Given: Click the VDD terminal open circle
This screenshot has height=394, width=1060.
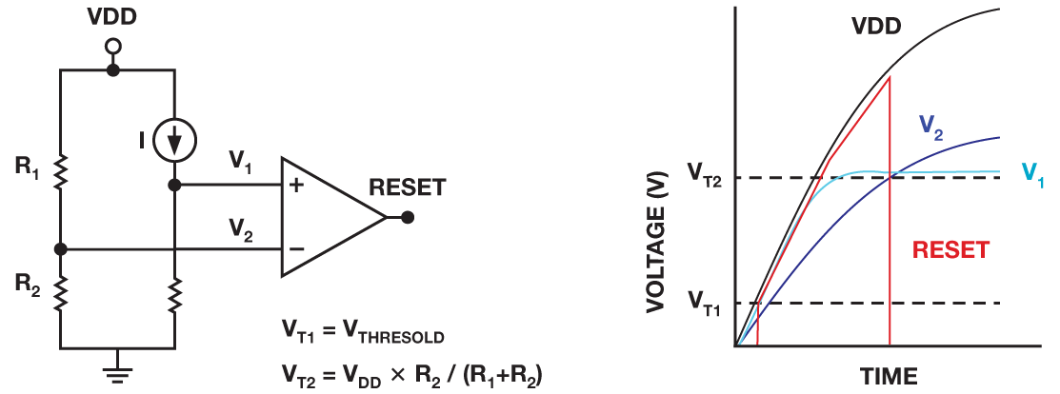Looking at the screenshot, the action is [114, 47].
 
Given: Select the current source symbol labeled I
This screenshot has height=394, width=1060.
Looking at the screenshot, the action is [174, 140].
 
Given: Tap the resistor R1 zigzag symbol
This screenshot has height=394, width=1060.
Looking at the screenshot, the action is [61, 171].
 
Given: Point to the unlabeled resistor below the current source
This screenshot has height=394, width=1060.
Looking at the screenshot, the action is [174, 295].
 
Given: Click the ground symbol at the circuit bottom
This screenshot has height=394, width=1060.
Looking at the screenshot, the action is [118, 362].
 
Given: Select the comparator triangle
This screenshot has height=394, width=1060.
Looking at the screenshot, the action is [333, 218].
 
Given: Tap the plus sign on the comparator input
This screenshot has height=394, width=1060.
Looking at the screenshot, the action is [295, 186].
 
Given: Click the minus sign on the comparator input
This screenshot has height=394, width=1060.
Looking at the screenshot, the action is [296, 248].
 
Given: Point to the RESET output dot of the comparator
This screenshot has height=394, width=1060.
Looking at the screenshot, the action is [407, 218].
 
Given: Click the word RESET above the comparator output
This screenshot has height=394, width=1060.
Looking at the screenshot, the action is [407, 187].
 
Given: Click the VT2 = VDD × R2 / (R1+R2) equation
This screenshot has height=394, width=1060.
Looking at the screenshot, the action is [411, 372].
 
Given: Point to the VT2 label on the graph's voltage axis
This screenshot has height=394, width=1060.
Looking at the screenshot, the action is [706, 175].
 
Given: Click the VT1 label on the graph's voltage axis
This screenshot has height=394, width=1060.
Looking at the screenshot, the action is [706, 302].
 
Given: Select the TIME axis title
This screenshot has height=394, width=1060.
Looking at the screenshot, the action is [889, 376].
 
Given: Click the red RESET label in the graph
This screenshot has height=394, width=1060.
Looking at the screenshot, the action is [950, 250].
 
